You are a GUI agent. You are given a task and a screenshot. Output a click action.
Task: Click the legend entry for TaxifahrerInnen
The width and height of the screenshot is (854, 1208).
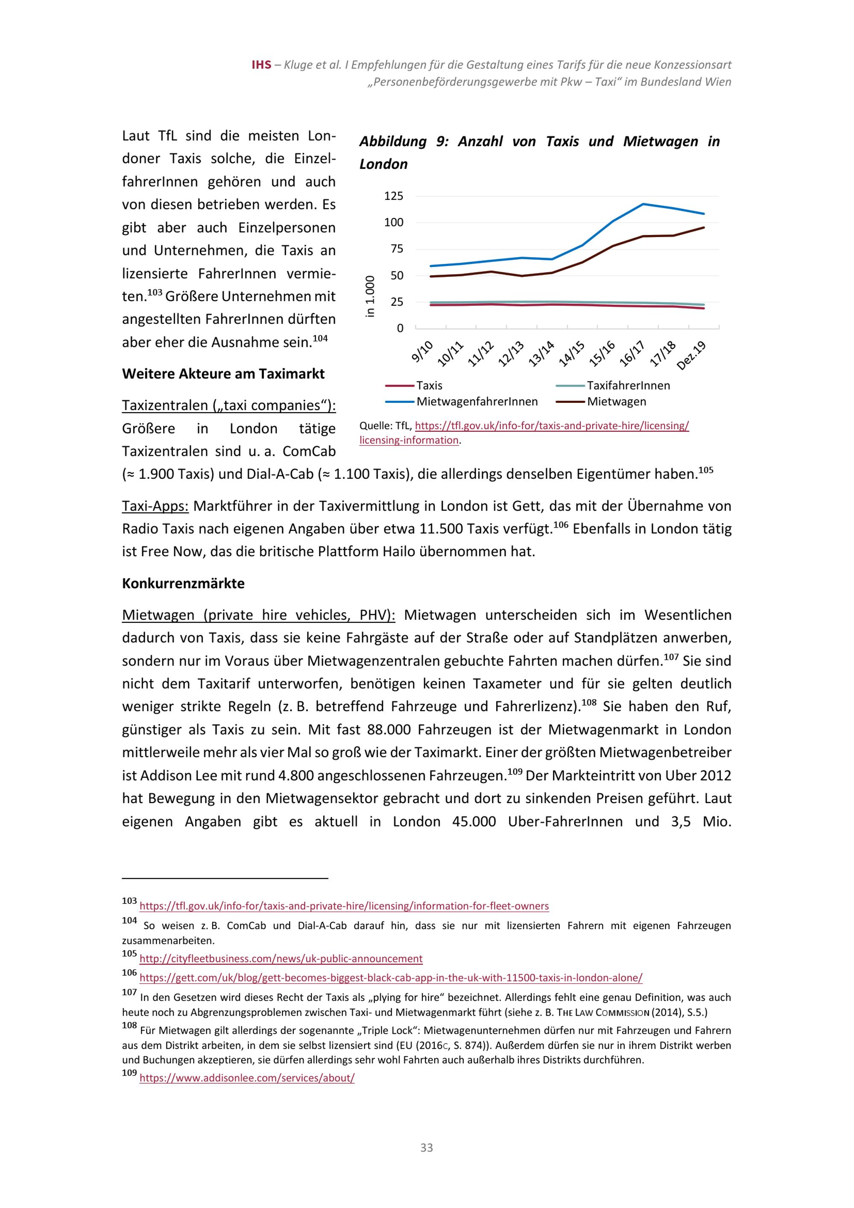click(x=628, y=386)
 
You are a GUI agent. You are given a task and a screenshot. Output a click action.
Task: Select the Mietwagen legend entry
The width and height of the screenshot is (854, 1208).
click(x=616, y=402)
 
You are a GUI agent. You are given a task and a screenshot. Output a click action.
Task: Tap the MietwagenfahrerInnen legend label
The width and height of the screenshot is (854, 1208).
click(x=477, y=402)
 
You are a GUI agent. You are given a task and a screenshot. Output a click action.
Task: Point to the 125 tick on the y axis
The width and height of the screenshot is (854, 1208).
click(x=394, y=196)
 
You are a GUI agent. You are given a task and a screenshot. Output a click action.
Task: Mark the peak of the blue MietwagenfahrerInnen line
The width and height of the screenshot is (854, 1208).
click(x=643, y=204)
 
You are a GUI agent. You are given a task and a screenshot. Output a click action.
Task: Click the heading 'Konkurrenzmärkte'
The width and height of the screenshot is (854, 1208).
click(x=183, y=583)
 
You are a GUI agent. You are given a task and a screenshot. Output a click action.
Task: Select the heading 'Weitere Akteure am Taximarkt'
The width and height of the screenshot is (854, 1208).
click(x=223, y=374)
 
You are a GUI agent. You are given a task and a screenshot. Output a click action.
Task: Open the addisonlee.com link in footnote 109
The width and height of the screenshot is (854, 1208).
click(x=247, y=1078)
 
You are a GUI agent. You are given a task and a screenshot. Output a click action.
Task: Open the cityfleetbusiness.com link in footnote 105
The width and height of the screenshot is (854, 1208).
click(x=281, y=959)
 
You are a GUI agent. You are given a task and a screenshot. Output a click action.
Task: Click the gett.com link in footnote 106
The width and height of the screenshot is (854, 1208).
click(x=390, y=978)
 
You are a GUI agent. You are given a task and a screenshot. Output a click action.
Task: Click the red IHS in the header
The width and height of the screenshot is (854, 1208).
click(x=261, y=65)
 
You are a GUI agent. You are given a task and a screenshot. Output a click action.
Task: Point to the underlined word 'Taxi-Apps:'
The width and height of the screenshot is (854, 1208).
click(x=155, y=506)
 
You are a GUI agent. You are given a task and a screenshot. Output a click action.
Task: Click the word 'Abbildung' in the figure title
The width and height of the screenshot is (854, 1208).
click(x=393, y=141)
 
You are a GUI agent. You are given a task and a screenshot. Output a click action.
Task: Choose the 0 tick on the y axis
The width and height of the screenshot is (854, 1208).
click(x=400, y=328)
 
